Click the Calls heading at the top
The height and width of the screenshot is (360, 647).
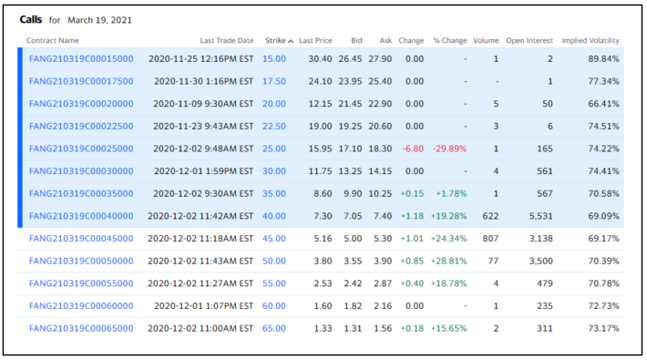coord(31,19)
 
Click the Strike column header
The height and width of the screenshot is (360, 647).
coord(275,40)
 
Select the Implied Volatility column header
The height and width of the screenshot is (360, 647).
coord(591,40)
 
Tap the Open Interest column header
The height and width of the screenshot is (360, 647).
coord(529,40)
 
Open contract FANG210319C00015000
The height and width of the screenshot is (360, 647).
coord(81,58)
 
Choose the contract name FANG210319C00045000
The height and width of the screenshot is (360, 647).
coord(81,238)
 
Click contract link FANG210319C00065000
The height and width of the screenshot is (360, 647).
coord(81,328)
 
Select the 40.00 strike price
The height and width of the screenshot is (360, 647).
coord(274,216)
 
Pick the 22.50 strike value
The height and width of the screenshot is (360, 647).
coord(274,126)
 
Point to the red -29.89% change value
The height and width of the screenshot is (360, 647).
coord(449,149)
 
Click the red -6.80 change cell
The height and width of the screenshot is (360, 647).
coord(413,149)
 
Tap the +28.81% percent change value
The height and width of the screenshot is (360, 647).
coord(449,261)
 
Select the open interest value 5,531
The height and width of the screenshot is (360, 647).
coord(540,216)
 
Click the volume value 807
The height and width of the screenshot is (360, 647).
coord(490,238)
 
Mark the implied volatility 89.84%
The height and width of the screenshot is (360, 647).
coord(603,58)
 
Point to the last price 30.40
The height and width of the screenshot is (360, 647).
coord(320,58)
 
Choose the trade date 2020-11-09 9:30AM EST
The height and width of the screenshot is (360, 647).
coord(203,104)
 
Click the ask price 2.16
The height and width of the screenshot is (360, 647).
coord(383,306)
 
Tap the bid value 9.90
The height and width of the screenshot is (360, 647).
coord(353,193)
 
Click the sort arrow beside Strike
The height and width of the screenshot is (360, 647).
coord(291,41)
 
